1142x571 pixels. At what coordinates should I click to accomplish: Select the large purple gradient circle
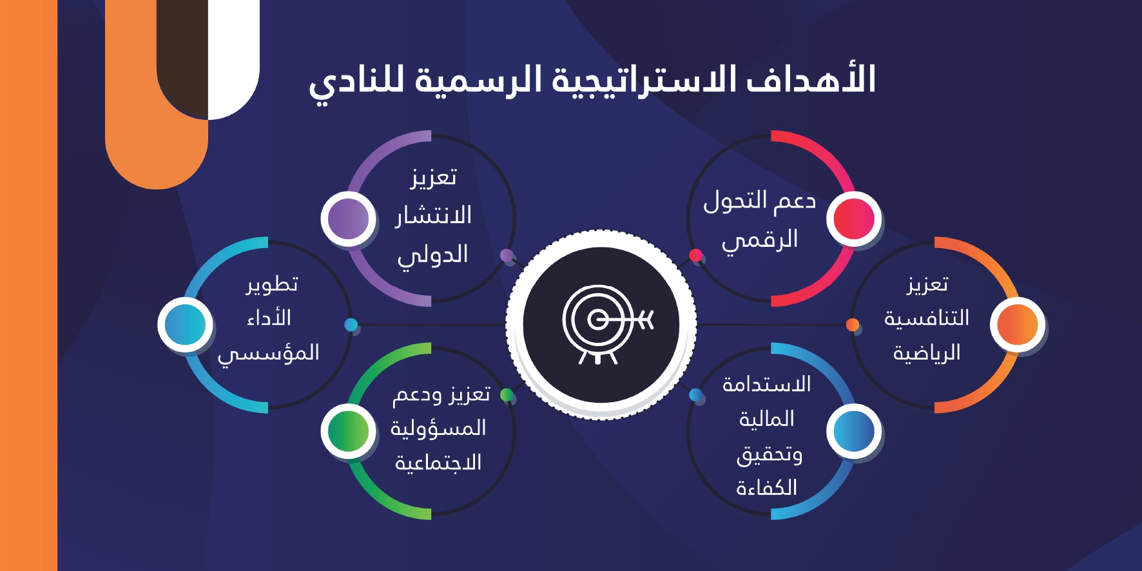coord(349,218)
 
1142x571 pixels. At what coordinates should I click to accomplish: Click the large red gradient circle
coord(854,218)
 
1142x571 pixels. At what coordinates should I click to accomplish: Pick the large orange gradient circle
coord(1018,324)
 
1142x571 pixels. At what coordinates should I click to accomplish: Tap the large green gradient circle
coord(349,431)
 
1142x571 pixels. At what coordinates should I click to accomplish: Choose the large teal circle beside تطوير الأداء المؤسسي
coord(186,324)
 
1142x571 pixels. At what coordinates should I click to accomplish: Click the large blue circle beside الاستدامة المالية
coord(854,431)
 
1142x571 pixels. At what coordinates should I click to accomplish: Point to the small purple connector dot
coord(507,255)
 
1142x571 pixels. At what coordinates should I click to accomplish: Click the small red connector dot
coord(695,255)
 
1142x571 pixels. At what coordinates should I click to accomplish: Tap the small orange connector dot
coord(853,324)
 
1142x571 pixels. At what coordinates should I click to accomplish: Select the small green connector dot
coord(507,394)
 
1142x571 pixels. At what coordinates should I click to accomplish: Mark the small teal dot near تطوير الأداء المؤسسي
coord(351,324)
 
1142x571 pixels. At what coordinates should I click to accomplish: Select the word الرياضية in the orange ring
coord(927,353)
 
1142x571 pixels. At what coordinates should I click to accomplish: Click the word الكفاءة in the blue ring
coord(767,487)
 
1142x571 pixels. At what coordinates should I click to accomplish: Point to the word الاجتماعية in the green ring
coord(438,463)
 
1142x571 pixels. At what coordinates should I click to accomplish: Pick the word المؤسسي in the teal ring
coord(269,354)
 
